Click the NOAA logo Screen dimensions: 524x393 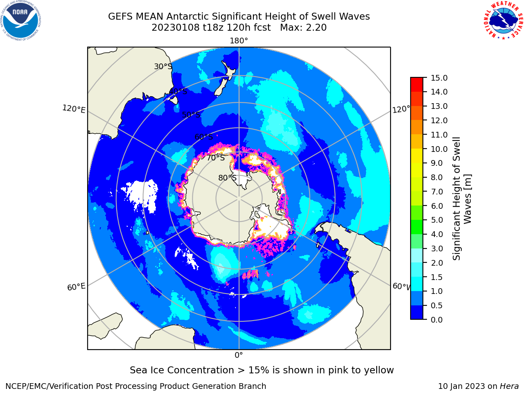(21, 20)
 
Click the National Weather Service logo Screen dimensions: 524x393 (503, 20)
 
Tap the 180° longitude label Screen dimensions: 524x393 (239, 41)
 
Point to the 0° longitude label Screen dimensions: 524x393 (239, 355)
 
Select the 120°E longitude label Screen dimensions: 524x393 (74, 109)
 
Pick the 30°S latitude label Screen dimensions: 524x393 (163, 66)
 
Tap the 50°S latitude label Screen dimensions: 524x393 (191, 115)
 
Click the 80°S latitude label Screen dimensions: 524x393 (227, 178)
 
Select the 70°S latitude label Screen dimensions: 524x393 (216, 158)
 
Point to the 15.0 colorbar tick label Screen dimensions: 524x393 (439, 78)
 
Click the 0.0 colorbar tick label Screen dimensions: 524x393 (437, 320)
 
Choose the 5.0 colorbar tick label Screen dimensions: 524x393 (437, 220)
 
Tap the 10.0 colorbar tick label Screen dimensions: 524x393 (439, 149)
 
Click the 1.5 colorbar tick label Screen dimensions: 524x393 (437, 277)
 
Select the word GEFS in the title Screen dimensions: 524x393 (120, 16)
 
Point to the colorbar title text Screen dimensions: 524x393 (462, 199)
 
